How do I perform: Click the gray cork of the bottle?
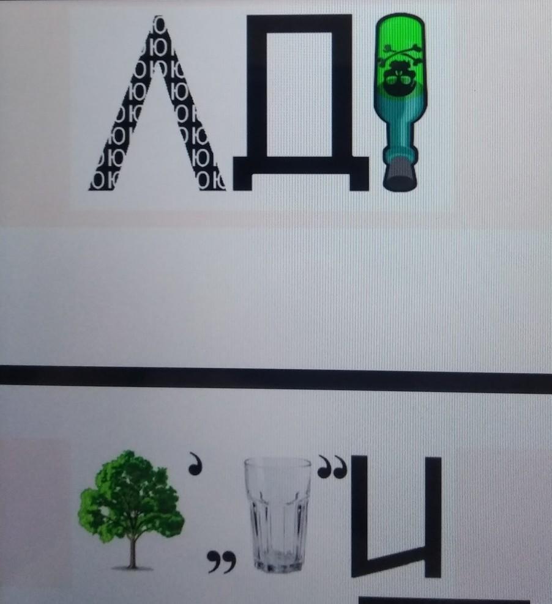(x=400, y=176)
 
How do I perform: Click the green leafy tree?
(x=131, y=509)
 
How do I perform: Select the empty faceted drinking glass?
(x=278, y=515)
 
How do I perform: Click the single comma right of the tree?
(x=195, y=463)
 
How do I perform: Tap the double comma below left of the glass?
(x=222, y=561)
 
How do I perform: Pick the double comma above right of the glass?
(x=332, y=466)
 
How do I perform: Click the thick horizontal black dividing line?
(x=276, y=379)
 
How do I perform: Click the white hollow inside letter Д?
(x=299, y=94)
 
